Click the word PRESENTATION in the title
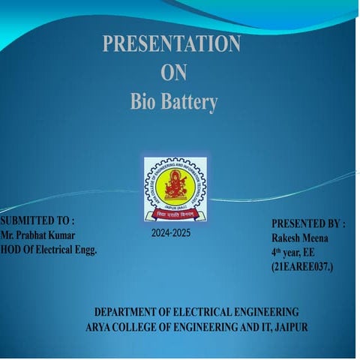click(172, 44)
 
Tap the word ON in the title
click(173, 73)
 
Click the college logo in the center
click(175, 189)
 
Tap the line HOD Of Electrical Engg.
click(49, 248)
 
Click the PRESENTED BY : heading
click(307, 224)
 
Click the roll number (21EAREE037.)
click(303, 265)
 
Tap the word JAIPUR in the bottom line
click(291, 327)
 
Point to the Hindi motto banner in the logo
click(175, 214)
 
